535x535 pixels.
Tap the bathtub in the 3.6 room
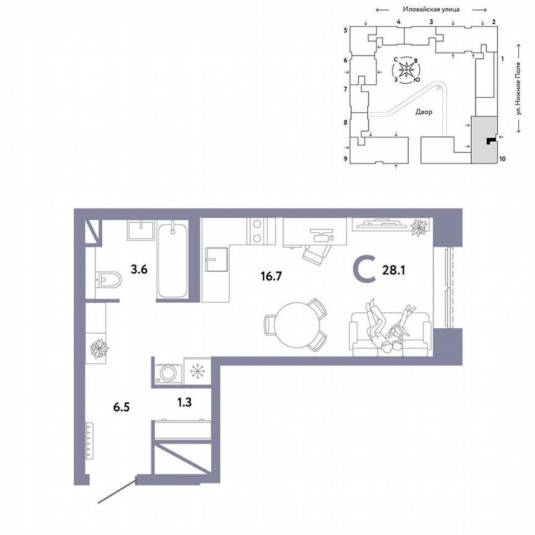coord(173,260)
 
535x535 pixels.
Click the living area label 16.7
coord(271,276)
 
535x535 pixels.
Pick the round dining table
coord(296,324)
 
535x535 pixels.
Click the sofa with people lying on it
coord(389,334)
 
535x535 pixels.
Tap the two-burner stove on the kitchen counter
coord(256,231)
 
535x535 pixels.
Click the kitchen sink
coord(217,259)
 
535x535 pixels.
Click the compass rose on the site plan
coord(406,70)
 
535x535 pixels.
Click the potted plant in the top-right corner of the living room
coord(420,227)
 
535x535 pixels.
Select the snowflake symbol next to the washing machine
coord(198,372)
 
